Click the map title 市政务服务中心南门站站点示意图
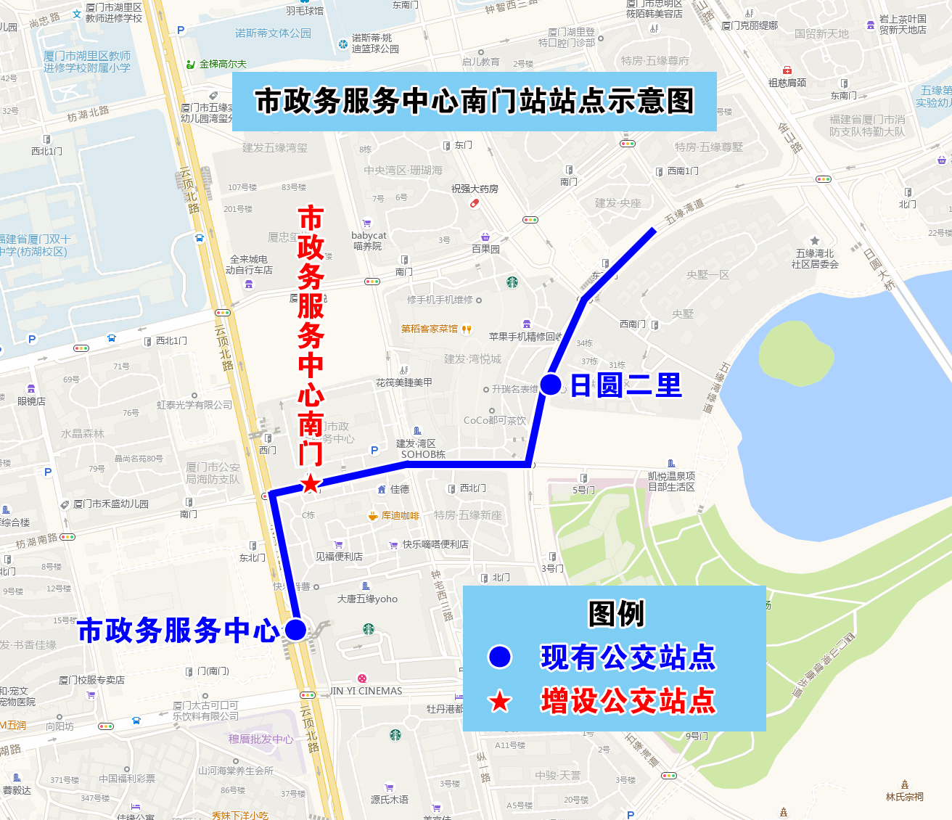475,101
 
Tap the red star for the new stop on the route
311,483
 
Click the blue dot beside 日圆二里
551,385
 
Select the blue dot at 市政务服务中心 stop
295,629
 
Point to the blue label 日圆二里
626,385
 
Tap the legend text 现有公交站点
628,657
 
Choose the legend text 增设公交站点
628,701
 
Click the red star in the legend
500,701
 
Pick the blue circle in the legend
500,657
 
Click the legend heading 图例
615,614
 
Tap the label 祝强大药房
475,189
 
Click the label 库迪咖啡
400,516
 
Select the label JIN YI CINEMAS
366,691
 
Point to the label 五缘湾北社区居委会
815,258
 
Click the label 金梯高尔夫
223,64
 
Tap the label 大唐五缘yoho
367,599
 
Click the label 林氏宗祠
904,797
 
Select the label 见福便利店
339,557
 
